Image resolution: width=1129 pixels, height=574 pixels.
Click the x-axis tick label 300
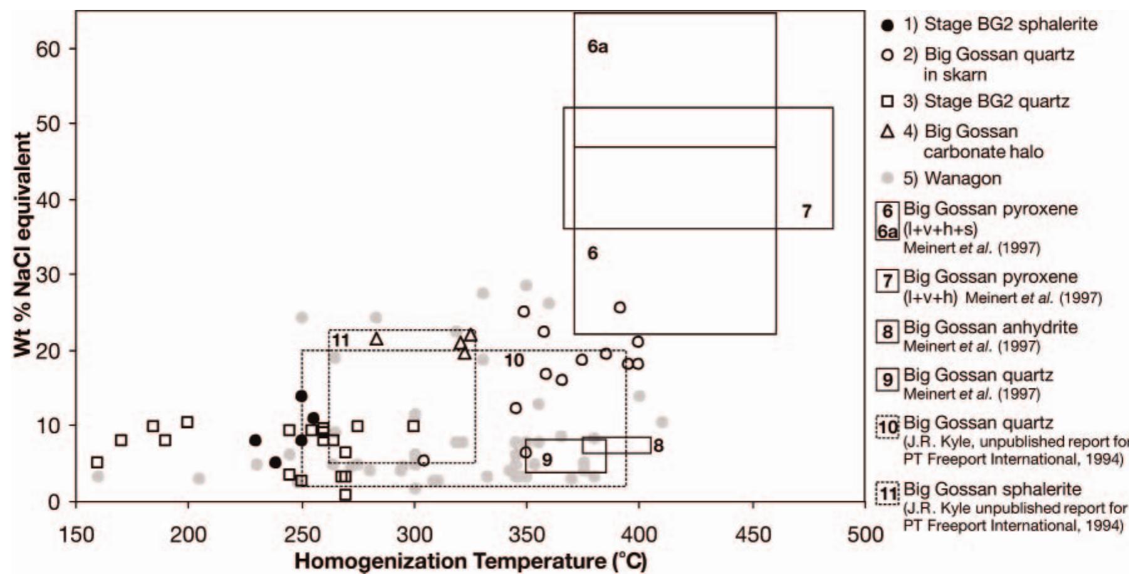point(414,534)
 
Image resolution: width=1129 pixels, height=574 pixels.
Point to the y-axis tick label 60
point(47,49)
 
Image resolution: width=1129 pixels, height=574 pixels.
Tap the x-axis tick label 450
point(752,534)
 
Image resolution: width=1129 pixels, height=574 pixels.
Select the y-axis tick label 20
point(47,350)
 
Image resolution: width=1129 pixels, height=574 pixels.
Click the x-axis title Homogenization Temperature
point(470,560)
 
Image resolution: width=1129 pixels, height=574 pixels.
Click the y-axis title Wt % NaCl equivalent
point(23,244)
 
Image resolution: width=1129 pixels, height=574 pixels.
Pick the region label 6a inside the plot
point(598,47)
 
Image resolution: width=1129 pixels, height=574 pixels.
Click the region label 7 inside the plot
point(806,211)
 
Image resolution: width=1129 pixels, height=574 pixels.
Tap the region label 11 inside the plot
point(340,340)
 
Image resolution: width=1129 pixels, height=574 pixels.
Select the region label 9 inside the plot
point(547,460)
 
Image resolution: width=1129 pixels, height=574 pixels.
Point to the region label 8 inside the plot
point(658,446)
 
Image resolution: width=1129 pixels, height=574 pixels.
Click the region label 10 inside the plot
point(514,360)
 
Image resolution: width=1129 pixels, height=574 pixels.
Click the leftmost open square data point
point(97,462)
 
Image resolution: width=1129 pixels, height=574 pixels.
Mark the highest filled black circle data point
point(301,396)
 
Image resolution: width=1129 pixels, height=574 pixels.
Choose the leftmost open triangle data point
point(377,339)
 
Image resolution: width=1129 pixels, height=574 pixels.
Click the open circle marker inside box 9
point(526,452)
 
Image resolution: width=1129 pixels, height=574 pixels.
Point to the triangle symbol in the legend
point(887,132)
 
